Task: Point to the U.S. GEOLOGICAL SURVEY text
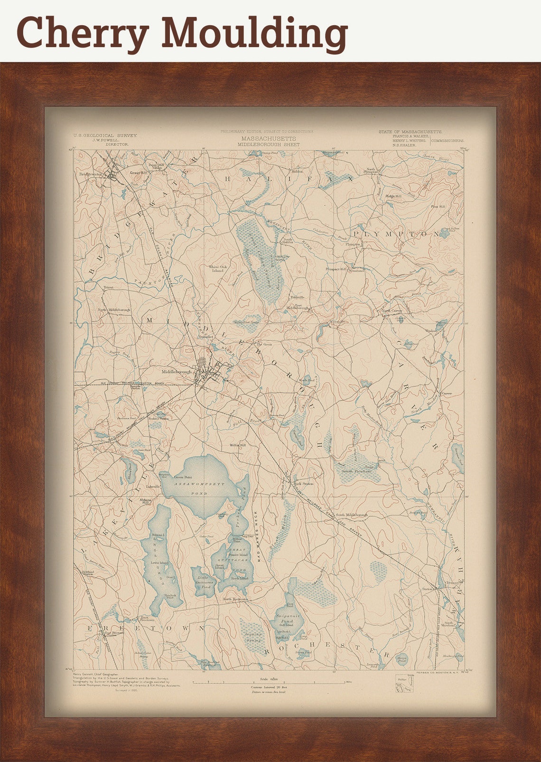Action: [x=105, y=135]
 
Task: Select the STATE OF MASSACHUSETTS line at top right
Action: [x=410, y=131]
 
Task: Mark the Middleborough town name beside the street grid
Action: [x=177, y=372]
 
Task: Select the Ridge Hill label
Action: [x=393, y=196]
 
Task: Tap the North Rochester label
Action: [x=236, y=600]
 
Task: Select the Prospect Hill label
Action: [x=336, y=269]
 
